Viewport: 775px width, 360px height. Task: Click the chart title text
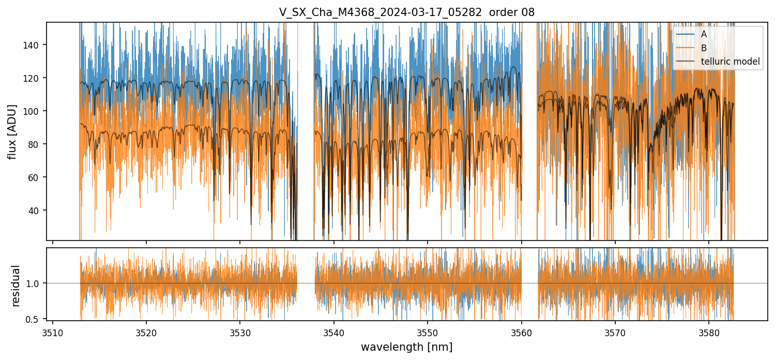click(x=407, y=12)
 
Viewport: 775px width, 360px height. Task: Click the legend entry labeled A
click(x=704, y=35)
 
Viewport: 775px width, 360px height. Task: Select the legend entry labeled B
click(x=704, y=48)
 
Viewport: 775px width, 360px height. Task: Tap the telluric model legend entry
click(x=730, y=62)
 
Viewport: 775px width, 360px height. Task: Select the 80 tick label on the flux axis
click(x=37, y=144)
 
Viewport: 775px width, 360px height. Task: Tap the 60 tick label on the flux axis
click(x=37, y=177)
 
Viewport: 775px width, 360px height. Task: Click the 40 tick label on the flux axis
click(x=37, y=211)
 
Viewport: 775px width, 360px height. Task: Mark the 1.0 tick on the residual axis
click(x=36, y=283)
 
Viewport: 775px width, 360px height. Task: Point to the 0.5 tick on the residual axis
click(x=36, y=319)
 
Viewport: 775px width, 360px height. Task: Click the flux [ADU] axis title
click(x=12, y=131)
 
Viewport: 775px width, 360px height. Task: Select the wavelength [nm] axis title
click(x=407, y=347)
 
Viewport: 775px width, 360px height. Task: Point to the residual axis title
click(x=16, y=286)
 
